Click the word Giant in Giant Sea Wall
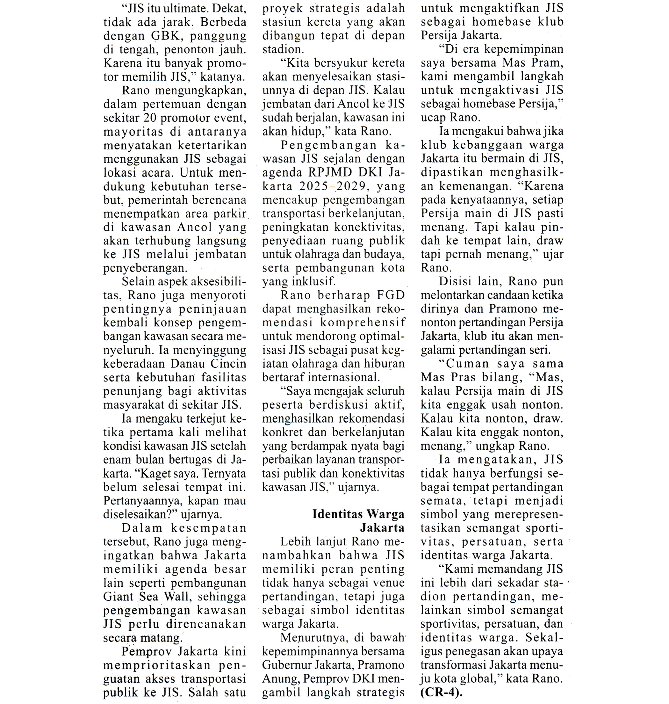tap(117, 597)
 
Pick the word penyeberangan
tap(145, 268)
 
